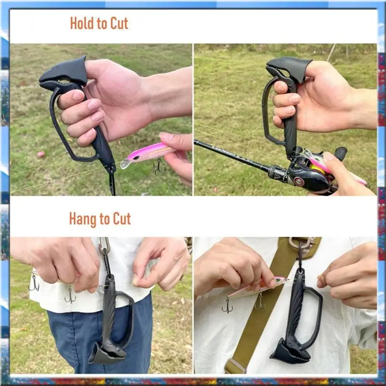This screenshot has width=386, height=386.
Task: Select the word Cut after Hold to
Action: [x=118, y=23]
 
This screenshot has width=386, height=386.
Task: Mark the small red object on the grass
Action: [x=41, y=154]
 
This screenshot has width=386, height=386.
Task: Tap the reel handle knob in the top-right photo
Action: [x=341, y=153]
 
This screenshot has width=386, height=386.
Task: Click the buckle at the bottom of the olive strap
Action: [x=235, y=366]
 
